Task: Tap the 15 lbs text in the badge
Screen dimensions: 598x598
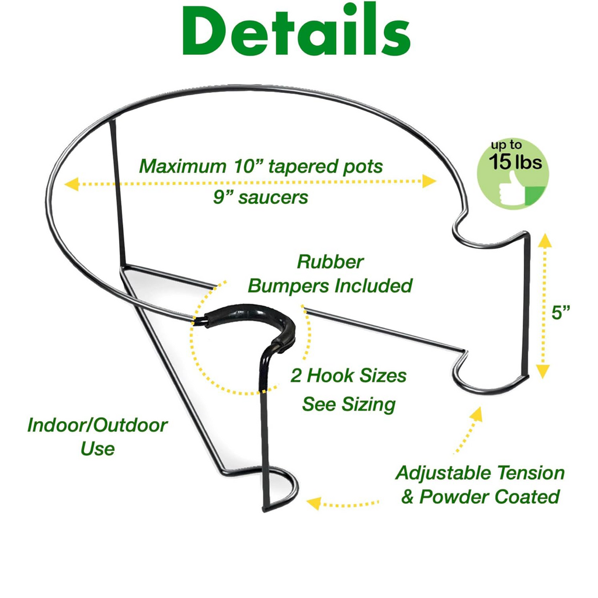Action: [515, 162]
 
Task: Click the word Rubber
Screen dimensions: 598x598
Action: [330, 262]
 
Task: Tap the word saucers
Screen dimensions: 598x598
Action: [273, 197]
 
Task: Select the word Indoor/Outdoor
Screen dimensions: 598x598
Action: [98, 425]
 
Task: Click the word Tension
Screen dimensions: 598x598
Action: [530, 473]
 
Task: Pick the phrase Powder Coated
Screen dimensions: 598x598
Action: [489, 496]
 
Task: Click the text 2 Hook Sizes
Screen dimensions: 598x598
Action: [348, 376]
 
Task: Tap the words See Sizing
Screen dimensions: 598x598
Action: [349, 404]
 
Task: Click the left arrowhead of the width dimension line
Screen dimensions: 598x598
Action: [71, 184]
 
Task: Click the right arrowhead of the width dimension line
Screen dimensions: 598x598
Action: [429, 181]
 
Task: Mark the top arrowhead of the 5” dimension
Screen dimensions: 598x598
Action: [545, 240]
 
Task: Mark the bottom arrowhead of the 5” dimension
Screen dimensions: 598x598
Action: [543, 371]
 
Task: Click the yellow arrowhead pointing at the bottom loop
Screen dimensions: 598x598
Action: [314, 503]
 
